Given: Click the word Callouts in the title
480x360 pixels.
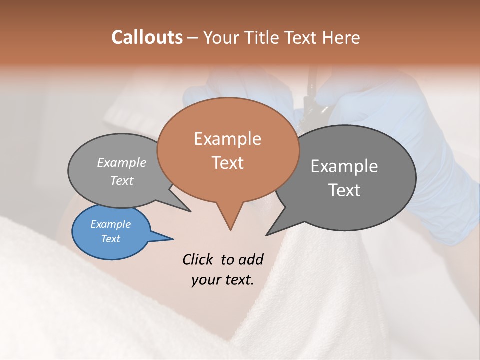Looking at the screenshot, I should (147, 37).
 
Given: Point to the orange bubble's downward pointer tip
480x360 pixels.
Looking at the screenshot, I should (230, 230).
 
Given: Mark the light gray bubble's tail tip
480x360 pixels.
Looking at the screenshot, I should (190, 211).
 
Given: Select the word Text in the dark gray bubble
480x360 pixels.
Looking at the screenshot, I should (344, 190).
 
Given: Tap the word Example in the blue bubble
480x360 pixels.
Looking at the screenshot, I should (111, 225).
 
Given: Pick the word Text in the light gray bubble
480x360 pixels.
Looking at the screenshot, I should (122, 181).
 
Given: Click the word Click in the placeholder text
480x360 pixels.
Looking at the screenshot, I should (198, 259).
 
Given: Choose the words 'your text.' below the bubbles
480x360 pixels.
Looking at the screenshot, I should (223, 280).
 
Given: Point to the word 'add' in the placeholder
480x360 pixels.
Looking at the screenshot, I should (250, 259).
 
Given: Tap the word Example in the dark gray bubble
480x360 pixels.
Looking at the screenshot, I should (344, 166).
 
